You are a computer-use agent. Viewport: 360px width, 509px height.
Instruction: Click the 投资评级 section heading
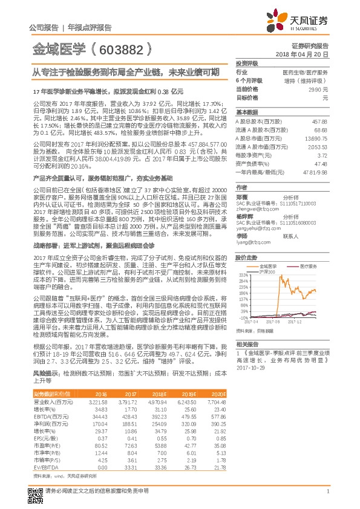click(246, 63)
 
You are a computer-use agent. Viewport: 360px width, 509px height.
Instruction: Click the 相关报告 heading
click(246, 343)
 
